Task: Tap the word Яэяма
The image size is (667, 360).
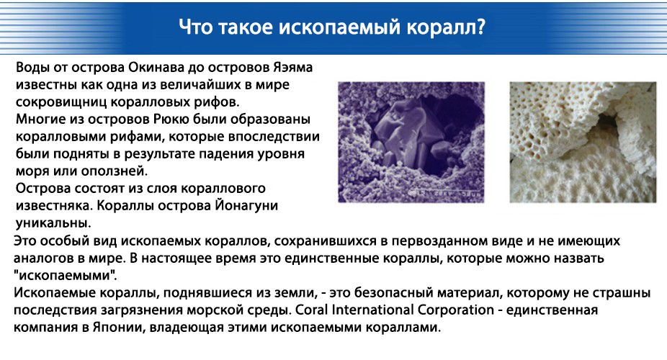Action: point(292,68)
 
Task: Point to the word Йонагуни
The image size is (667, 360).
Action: point(246,206)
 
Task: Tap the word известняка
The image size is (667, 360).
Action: point(54,206)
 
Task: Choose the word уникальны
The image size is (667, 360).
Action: point(53,223)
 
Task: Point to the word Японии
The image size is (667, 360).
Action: point(119,328)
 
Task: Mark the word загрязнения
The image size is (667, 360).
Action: point(143,310)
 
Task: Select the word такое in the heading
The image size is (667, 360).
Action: point(246,27)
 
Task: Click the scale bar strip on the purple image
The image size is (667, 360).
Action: point(447,194)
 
